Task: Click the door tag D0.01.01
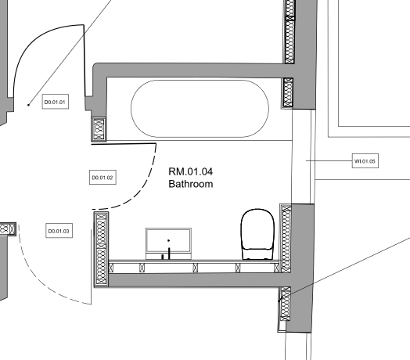point(56,102)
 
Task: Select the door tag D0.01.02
point(102,178)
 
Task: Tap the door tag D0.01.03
point(59,231)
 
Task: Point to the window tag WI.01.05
point(365,161)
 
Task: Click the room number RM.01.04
point(191,172)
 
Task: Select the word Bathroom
point(191,184)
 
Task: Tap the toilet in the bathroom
point(257,234)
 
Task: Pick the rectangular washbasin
point(169,244)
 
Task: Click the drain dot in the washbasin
point(169,240)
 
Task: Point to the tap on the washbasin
point(169,253)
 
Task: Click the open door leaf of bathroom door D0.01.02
point(124,144)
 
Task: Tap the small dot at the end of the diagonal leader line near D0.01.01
point(28,105)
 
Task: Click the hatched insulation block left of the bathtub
point(99,129)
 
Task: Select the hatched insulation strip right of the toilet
point(286,239)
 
